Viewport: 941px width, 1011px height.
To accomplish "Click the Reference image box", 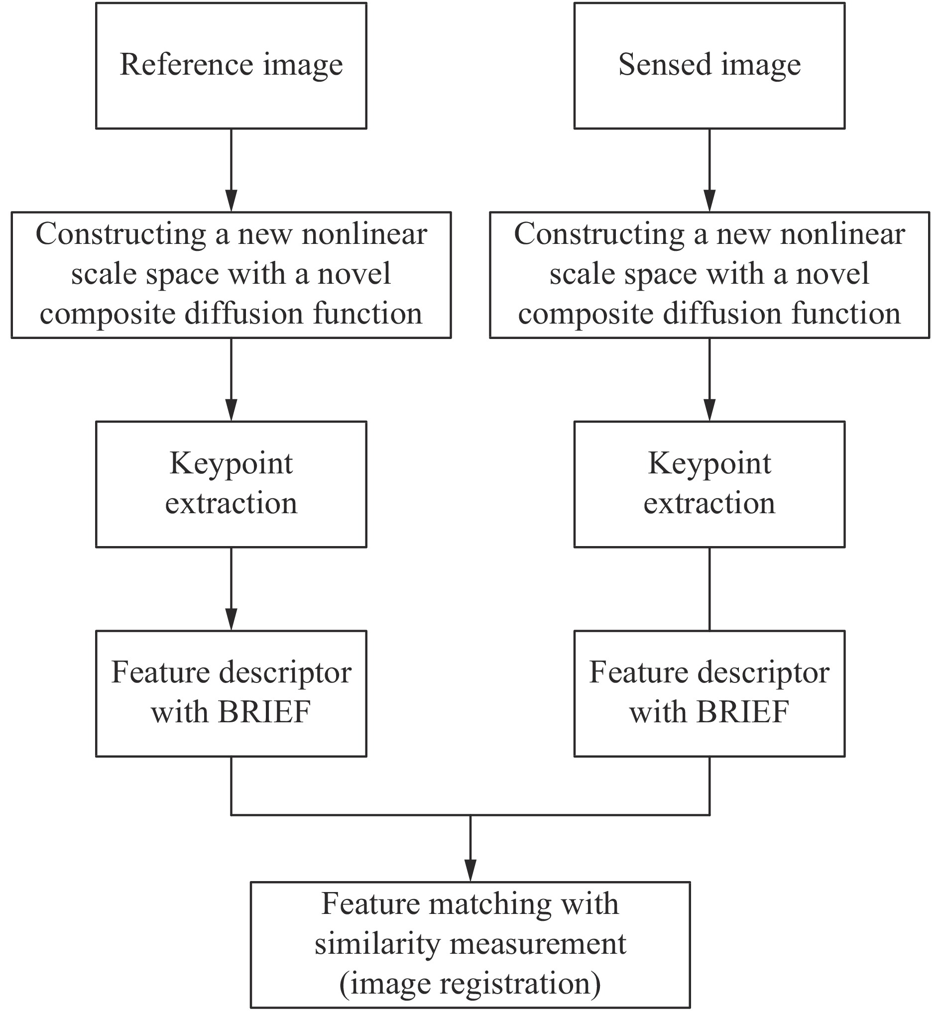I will pos(231,66).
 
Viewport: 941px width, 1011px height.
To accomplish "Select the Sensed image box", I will pos(709,66).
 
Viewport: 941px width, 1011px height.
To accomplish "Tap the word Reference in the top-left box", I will pos(186,65).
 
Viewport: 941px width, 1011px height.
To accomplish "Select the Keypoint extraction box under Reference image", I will pos(231,484).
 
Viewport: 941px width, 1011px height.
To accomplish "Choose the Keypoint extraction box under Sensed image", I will pos(709,484).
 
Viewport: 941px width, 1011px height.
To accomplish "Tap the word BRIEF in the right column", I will pos(742,711).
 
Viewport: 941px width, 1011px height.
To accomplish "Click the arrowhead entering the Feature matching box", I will pos(470,870).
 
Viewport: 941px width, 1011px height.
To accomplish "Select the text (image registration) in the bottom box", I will pos(470,983).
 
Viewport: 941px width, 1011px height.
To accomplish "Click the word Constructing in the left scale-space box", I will pos(120,235).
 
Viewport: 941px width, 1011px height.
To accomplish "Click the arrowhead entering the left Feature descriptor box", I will pos(231,619).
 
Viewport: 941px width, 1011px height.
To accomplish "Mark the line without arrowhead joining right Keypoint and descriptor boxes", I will pos(709,589).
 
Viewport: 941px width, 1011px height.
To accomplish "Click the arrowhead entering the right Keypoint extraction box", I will pos(709,410).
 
